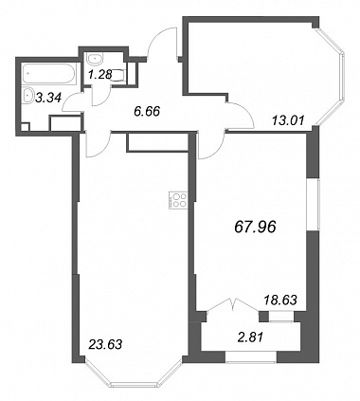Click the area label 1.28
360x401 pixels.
point(100,75)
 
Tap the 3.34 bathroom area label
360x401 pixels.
point(47,98)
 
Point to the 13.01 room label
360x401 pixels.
point(288,120)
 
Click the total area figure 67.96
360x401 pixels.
point(256,227)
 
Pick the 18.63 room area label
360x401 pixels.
point(280,301)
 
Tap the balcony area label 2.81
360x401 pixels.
point(250,338)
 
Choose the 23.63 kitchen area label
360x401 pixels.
point(105,344)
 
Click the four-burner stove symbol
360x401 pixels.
point(178,201)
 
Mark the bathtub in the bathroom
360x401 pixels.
point(49,74)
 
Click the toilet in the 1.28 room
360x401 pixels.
point(118,75)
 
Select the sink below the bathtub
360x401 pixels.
point(29,95)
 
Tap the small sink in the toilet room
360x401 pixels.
point(95,60)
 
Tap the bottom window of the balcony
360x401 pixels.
point(251,356)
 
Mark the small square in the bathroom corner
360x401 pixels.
point(25,127)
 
